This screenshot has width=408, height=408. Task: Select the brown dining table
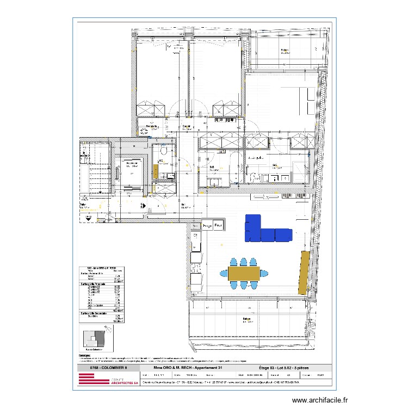(244, 272)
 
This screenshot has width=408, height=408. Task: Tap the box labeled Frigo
(207, 225)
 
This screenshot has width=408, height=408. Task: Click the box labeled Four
(218, 225)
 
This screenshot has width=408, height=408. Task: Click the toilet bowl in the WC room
(162, 151)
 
